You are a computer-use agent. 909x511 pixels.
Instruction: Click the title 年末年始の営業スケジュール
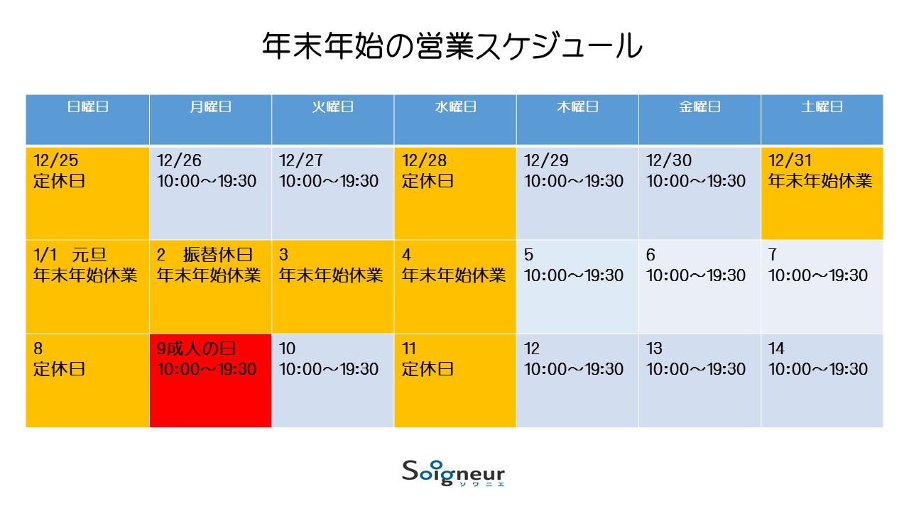click(452, 46)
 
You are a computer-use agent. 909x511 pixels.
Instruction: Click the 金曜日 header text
click(700, 106)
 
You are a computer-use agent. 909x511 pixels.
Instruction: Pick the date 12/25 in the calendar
click(55, 160)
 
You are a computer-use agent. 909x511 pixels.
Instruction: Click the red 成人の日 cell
click(210, 380)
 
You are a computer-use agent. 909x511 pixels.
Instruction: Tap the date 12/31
click(790, 160)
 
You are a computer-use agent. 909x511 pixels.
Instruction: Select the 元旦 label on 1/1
click(89, 255)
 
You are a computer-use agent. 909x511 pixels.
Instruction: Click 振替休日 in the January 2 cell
click(218, 255)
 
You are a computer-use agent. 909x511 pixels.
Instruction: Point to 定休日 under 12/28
click(428, 181)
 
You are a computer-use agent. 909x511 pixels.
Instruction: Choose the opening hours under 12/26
click(207, 181)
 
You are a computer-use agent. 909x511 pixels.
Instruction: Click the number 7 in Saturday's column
click(773, 255)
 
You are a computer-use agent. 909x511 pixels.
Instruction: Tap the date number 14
click(776, 348)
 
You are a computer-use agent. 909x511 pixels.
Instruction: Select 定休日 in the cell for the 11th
click(428, 369)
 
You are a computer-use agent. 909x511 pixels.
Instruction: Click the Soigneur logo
click(453, 473)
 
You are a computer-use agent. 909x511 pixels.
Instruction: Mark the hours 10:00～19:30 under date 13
click(696, 369)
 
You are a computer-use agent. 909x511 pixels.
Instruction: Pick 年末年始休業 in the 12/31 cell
click(820, 181)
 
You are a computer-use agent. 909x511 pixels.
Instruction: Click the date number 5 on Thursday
click(528, 255)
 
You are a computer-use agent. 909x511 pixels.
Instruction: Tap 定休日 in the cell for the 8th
click(59, 369)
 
